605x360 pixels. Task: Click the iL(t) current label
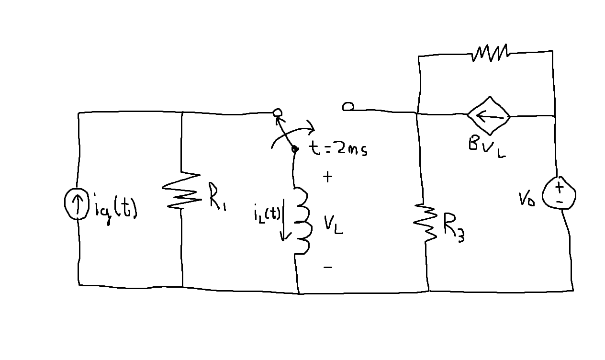click(267, 214)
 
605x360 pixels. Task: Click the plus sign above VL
click(327, 177)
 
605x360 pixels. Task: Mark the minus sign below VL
click(327, 267)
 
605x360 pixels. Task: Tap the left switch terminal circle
click(277, 113)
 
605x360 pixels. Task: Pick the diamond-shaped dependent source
click(489, 116)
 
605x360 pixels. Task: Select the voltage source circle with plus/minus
click(559, 194)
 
